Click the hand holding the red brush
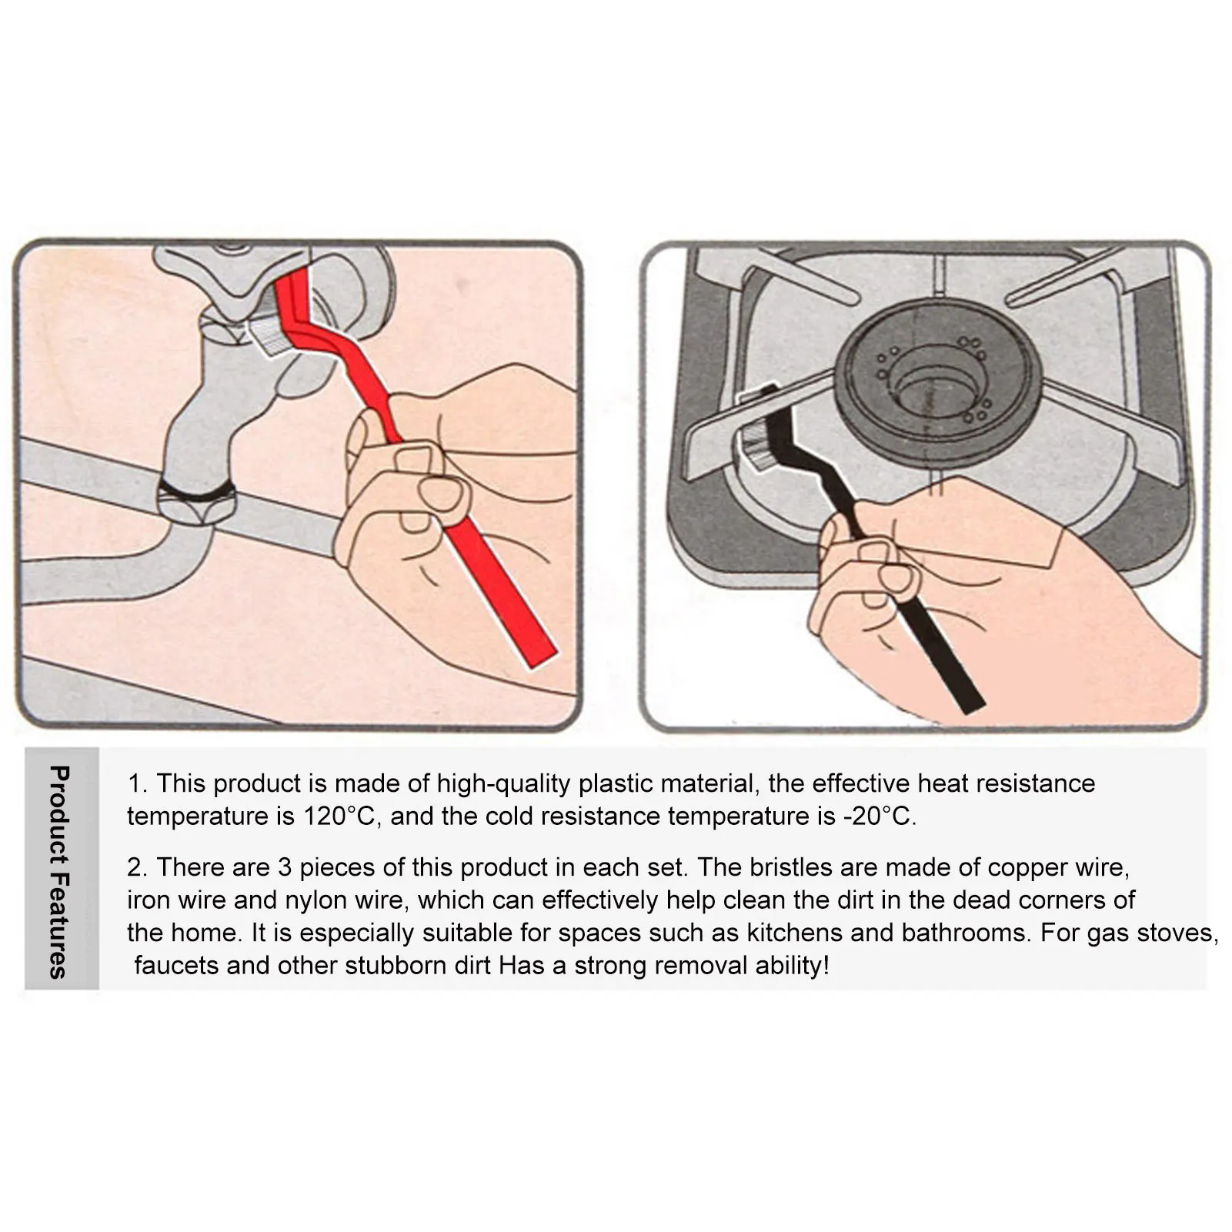coord(431,492)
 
